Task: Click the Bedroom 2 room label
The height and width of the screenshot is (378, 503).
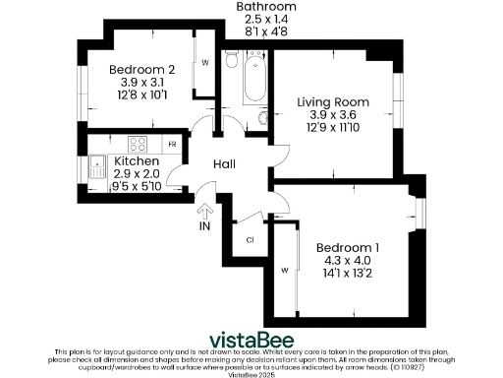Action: pos(141,69)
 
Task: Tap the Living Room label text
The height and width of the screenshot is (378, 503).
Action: pos(333,101)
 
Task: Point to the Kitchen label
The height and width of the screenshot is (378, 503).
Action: pos(137,160)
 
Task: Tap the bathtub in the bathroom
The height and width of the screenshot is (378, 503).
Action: pos(252,82)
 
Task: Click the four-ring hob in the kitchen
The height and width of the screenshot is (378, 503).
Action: pos(138,143)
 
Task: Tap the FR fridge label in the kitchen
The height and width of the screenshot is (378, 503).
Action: pos(172,145)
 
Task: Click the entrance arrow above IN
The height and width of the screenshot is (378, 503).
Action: pos(205,208)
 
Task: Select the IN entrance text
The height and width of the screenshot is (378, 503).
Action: pos(205,226)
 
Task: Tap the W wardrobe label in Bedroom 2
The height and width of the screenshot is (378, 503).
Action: pos(205,62)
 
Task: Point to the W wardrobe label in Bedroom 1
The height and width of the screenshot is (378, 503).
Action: pos(285,269)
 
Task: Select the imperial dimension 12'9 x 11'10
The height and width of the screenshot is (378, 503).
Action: pos(333,129)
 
